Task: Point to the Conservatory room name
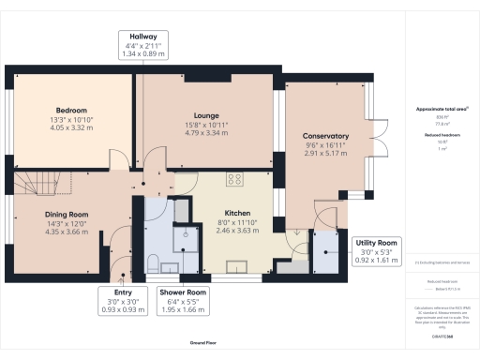pyautogui.click(x=325, y=136)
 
